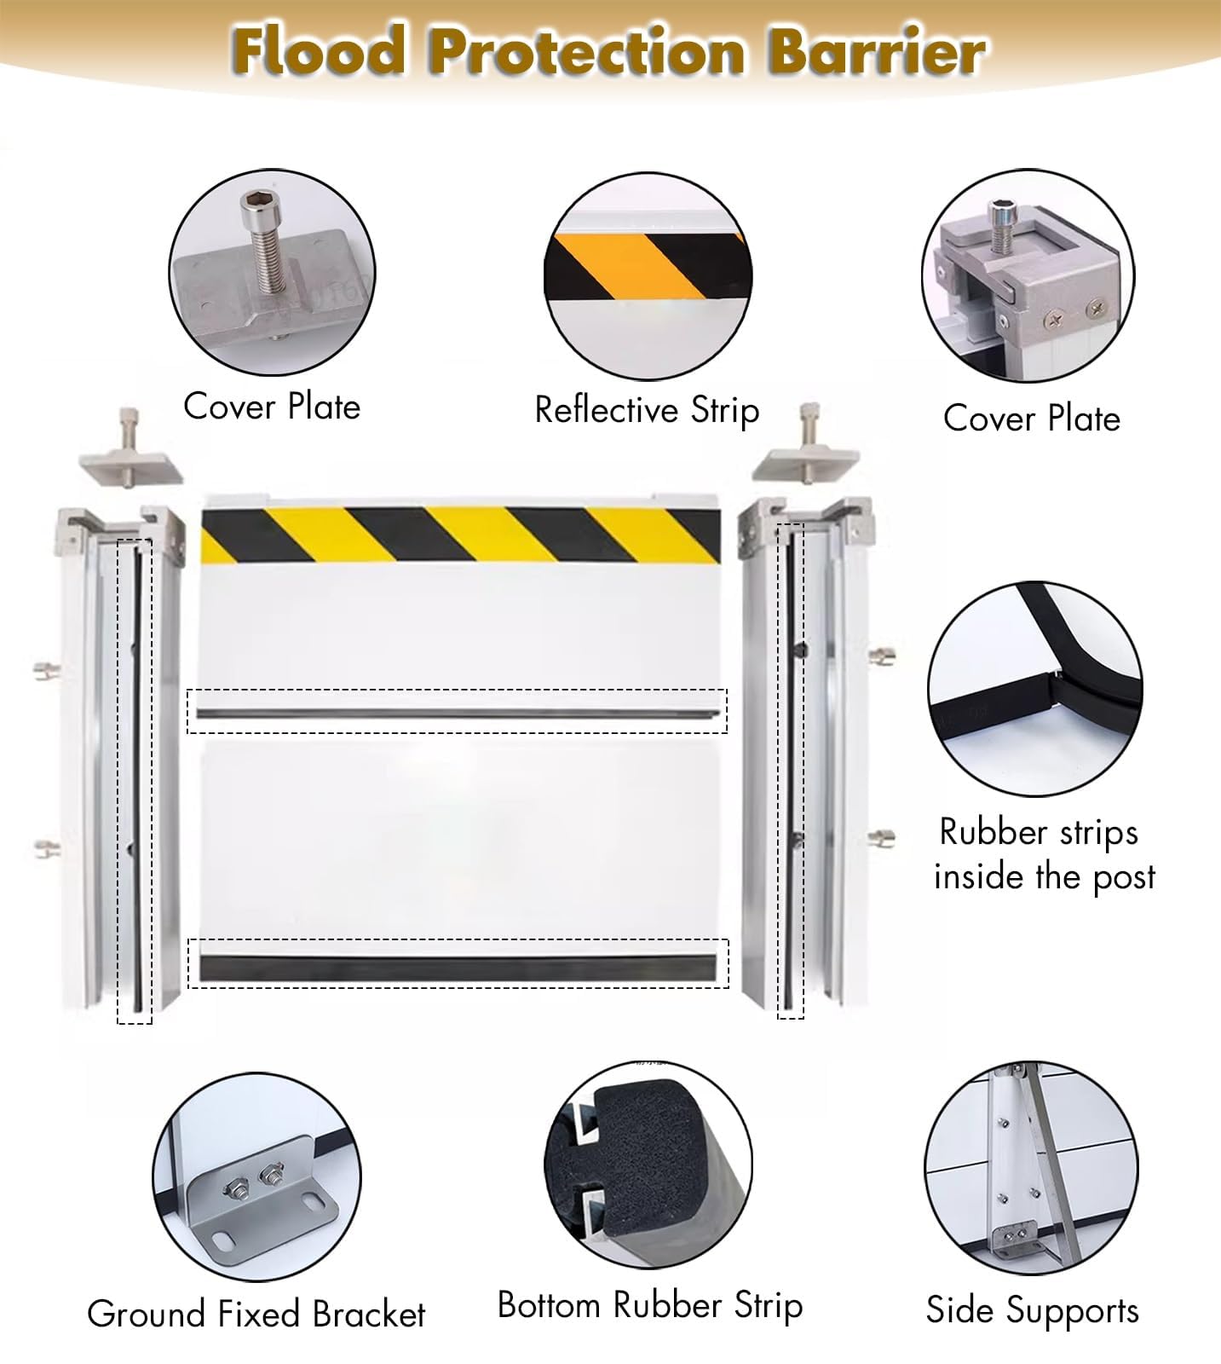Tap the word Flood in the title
pyautogui.click(x=320, y=51)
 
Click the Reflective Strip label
pyautogui.click(x=647, y=410)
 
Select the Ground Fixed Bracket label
pyautogui.click(x=256, y=1314)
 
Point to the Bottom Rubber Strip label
pyautogui.click(x=649, y=1305)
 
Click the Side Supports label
pyautogui.click(x=1032, y=1310)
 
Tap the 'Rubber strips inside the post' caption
pyautogui.click(x=1043, y=854)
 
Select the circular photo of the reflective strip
pyautogui.click(x=648, y=275)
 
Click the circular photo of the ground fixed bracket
pyautogui.click(x=256, y=1176)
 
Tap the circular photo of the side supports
pyautogui.click(x=1031, y=1168)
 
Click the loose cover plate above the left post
pyautogui.click(x=130, y=465)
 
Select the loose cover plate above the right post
pyautogui.click(x=806, y=463)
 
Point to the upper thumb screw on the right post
pyautogui.click(x=881, y=655)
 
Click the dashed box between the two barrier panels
pyautogui.click(x=458, y=711)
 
